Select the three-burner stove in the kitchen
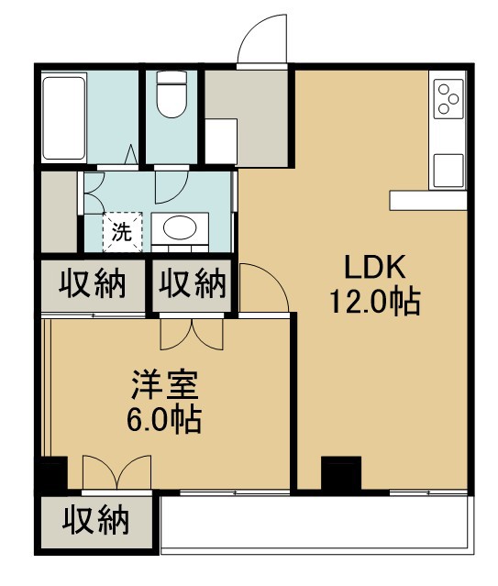pos(448,98)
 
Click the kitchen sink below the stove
pos(448,169)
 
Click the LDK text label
pos(374,266)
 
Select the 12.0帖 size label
pos(374,300)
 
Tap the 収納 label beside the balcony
pos(95,522)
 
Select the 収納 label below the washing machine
pos(93,285)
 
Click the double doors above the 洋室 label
pos(192,333)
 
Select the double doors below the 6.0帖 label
pos(116,473)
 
